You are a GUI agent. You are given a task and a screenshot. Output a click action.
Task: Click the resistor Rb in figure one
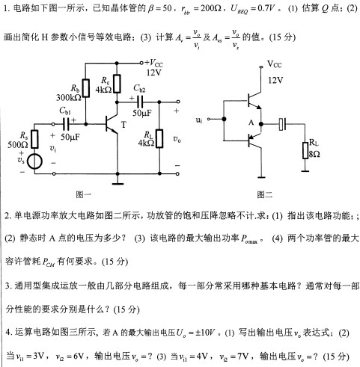click(x=86, y=88)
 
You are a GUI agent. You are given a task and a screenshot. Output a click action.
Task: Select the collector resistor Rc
click(x=117, y=84)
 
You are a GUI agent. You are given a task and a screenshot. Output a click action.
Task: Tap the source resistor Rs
click(x=34, y=139)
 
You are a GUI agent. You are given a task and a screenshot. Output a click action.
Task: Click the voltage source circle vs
click(x=34, y=161)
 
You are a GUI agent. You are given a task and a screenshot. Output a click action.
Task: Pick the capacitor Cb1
click(x=67, y=124)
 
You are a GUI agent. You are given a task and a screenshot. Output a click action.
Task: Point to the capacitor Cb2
click(x=140, y=102)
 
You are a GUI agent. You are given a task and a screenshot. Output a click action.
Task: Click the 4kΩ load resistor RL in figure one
click(x=159, y=138)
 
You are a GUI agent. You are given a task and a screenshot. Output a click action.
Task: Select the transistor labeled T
click(x=112, y=124)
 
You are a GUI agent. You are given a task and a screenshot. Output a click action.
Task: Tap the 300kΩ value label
click(x=69, y=98)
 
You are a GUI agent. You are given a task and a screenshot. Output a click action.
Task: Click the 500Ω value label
click(x=17, y=145)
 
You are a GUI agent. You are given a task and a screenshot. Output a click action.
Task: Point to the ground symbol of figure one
click(x=118, y=184)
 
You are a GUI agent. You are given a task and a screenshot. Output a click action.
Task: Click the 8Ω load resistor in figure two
click(x=305, y=150)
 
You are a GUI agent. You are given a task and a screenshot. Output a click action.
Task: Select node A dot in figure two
click(x=261, y=124)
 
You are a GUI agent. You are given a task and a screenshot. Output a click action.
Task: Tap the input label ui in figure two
click(x=199, y=120)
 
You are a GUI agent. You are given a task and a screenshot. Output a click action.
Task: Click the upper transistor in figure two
click(x=254, y=100)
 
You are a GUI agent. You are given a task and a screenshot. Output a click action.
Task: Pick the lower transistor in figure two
click(x=254, y=140)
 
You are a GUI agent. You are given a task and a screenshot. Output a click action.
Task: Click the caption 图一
click(x=83, y=194)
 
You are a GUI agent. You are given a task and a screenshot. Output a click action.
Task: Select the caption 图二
click(x=264, y=194)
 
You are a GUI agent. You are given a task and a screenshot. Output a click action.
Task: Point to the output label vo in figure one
click(x=177, y=139)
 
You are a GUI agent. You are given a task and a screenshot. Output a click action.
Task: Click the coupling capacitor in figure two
click(x=283, y=124)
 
